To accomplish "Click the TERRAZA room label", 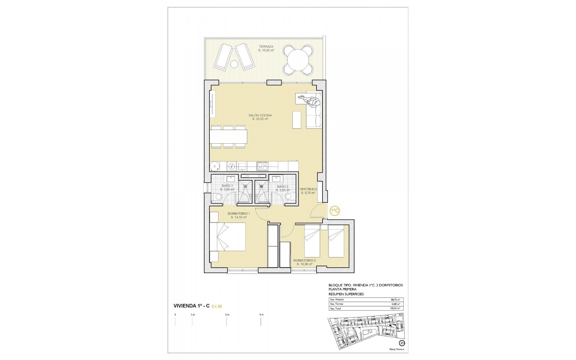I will pos(266,47).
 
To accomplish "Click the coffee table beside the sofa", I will pos(297,120).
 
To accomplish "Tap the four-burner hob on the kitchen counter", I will pos(262,165).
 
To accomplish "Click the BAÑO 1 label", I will pos(227,186).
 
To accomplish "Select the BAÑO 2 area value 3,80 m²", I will pos(283,190).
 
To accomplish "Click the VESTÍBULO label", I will pos(308,189).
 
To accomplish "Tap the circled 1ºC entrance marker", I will pos(335,211).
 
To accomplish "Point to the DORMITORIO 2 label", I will pos(304,260).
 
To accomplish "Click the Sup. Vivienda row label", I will pos(337,300).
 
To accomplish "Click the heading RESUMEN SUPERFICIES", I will pos(346,294).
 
